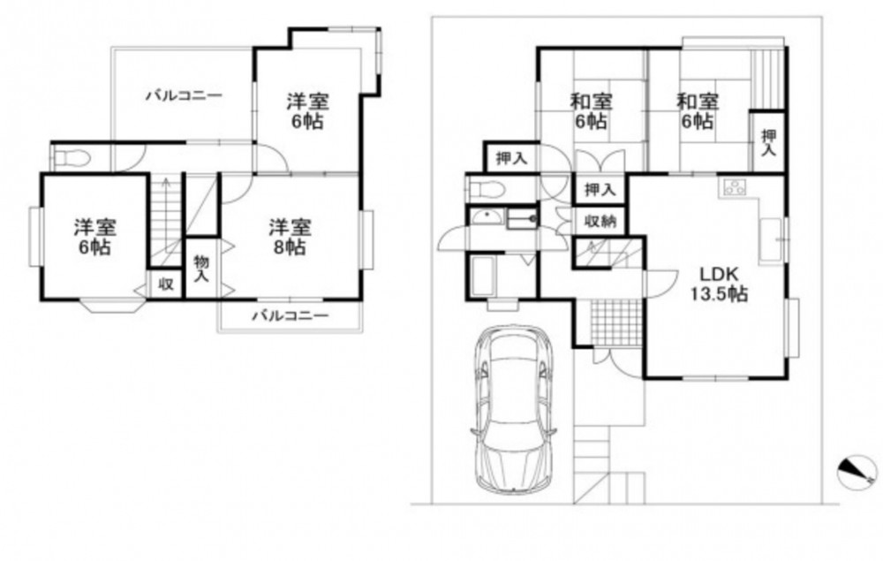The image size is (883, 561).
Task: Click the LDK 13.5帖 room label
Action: (719, 284)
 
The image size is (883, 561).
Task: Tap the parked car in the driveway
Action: (513, 409)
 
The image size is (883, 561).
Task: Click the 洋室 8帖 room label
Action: (290, 237)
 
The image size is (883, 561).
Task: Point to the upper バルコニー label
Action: (185, 95)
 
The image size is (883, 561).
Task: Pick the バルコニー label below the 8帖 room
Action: (290, 315)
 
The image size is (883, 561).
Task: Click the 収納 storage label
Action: (600, 221)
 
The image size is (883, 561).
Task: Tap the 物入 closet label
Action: (201, 269)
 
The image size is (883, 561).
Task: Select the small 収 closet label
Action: (165, 284)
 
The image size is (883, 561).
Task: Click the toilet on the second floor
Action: (71, 158)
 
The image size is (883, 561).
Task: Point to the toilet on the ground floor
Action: (486, 189)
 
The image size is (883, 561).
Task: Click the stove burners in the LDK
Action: (734, 186)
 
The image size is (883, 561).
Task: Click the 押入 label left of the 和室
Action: (511, 159)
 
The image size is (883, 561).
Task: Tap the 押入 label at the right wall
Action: (768, 143)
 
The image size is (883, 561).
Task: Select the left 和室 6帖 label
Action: (592, 111)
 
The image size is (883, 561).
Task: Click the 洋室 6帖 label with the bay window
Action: (95, 237)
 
